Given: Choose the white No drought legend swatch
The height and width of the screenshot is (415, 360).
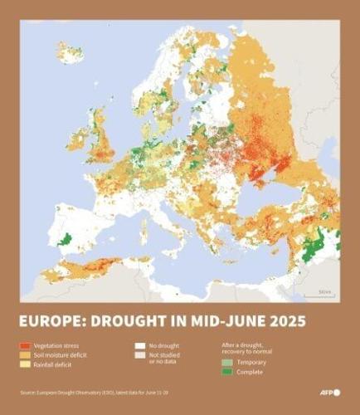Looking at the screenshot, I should coord(139,344).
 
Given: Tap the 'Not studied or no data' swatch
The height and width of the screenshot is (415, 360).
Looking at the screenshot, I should coord(139,354).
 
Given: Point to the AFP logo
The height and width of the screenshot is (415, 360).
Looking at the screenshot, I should coord(328,392).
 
